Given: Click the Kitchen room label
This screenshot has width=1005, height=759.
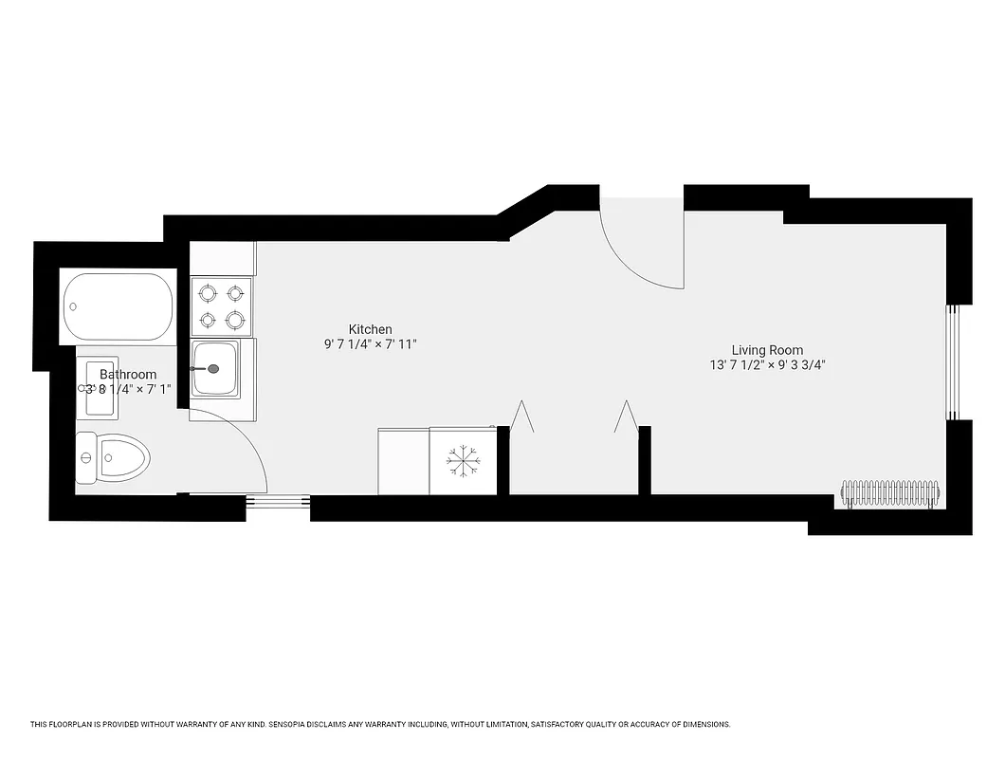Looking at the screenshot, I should [x=370, y=329].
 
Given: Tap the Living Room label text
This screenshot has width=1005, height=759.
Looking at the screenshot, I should [x=767, y=349].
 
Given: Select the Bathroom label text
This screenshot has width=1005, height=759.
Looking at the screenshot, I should [x=128, y=374].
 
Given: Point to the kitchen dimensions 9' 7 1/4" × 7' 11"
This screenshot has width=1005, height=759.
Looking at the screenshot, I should [x=370, y=344].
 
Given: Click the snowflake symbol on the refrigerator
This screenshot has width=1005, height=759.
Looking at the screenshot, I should [x=464, y=460].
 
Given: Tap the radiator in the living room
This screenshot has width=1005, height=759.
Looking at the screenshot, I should [x=890, y=493].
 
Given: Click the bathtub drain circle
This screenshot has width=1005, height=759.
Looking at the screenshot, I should [x=74, y=307].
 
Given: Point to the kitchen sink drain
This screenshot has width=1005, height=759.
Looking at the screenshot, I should [x=213, y=367].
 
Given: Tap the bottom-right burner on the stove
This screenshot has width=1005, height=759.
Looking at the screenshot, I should [x=235, y=319].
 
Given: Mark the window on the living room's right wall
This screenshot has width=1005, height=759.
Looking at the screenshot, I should [x=954, y=361].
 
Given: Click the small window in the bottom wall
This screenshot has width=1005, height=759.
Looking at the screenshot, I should [x=278, y=508].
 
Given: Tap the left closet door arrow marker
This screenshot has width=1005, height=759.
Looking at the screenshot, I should [x=521, y=417].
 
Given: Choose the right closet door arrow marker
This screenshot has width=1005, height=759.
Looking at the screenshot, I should [x=625, y=417].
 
